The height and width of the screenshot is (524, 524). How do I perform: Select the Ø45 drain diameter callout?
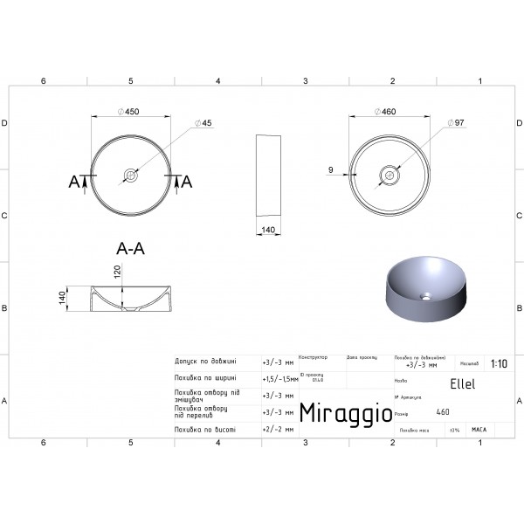point(206,123)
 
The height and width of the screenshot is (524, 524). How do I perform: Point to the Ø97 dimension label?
point(454,123)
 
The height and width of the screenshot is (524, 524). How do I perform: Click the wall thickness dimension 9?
point(333,169)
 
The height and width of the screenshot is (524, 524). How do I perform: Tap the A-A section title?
point(130,248)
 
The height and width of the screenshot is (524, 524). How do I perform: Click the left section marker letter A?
point(74,182)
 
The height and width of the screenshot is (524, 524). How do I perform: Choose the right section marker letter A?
point(186,182)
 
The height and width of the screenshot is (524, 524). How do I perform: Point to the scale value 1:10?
point(499,364)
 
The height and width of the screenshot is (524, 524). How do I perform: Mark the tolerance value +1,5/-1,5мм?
point(278,379)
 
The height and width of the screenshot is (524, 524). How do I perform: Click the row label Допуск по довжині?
point(206,362)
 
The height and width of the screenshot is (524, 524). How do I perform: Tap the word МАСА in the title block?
point(479,430)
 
